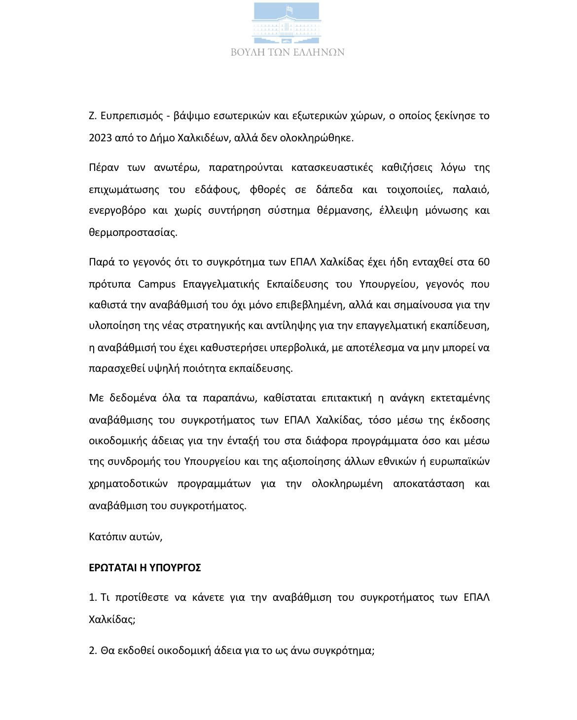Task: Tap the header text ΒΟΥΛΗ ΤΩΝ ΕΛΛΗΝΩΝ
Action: click(288, 52)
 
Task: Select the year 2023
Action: click(100, 138)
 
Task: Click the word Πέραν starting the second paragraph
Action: click(104, 167)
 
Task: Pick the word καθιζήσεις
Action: click(406, 167)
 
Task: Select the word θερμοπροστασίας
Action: click(133, 232)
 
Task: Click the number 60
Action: click(483, 262)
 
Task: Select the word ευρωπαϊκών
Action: click(460, 461)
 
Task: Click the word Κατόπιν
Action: click(108, 537)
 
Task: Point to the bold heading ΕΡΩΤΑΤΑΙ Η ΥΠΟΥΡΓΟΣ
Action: click(145, 568)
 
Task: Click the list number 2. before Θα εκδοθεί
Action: click(93, 651)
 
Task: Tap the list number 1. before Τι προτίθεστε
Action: click(93, 598)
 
